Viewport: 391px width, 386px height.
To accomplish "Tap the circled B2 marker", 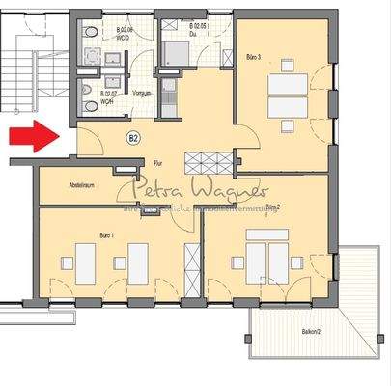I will [x=133, y=138].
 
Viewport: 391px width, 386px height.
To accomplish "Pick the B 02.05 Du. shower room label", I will [x=200, y=29].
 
